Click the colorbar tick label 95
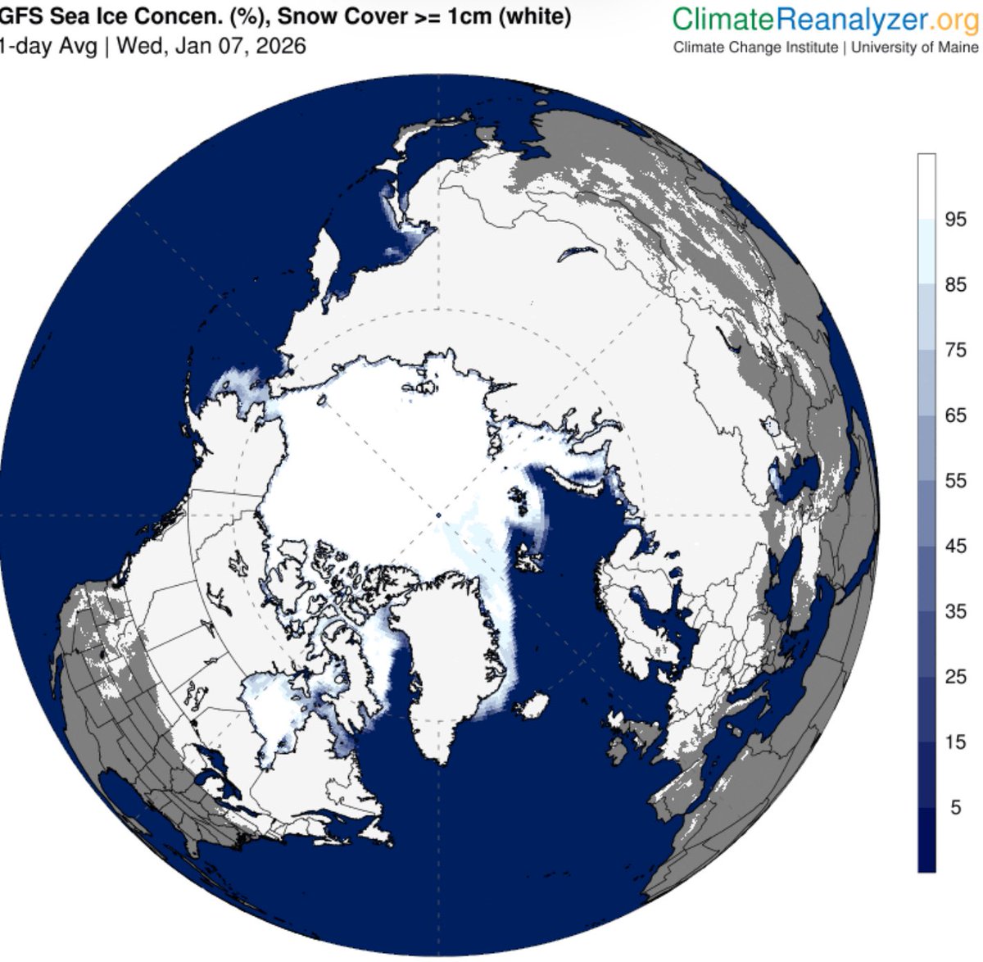[x=955, y=220]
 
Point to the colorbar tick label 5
[x=955, y=808]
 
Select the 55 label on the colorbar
[x=955, y=481]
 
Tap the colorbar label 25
[x=955, y=677]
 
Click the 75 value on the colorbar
[x=955, y=350]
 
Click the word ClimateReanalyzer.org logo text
[x=825, y=18]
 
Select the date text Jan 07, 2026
[x=245, y=46]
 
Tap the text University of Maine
[x=914, y=48]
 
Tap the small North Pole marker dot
[x=438, y=515]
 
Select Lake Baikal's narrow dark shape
[x=574, y=252]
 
